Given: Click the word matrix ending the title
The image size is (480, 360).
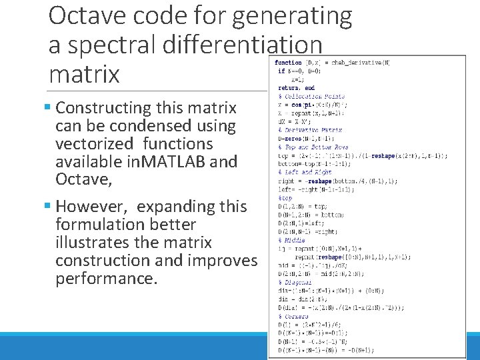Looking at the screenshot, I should [x=84, y=74].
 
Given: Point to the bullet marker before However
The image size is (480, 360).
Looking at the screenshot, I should [x=51, y=207].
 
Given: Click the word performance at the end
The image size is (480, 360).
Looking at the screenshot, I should [x=107, y=278].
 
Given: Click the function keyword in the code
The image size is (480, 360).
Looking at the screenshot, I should [x=287, y=63].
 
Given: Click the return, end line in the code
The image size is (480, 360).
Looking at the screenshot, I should [x=297, y=87].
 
